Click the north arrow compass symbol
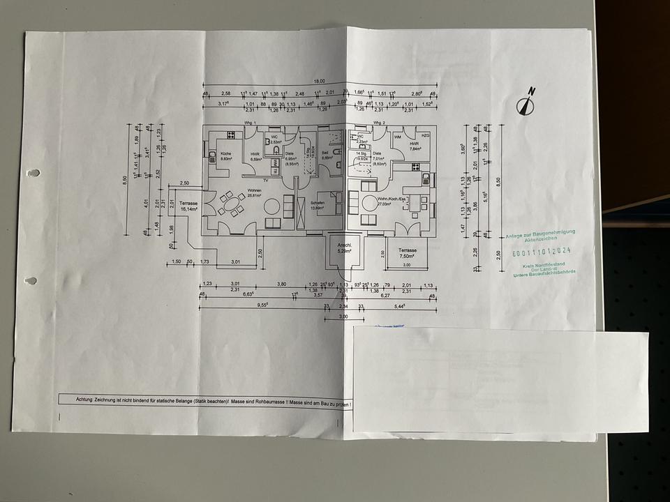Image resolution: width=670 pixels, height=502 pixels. click(x=526, y=102)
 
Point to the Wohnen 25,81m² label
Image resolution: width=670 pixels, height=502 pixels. click(x=254, y=192)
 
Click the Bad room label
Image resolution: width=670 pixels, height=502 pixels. click(x=325, y=155)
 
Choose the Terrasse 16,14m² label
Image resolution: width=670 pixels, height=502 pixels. click(x=188, y=206)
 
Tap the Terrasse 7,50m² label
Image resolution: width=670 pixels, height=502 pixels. click(x=407, y=252)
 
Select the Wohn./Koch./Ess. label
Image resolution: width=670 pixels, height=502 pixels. click(x=392, y=199)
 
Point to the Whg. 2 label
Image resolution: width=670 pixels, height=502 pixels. click(x=378, y=123)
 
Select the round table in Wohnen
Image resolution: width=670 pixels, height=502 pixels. click(x=270, y=206)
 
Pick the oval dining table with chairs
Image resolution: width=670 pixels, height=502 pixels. click(x=229, y=204)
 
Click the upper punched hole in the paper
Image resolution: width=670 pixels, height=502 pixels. click(x=33, y=173)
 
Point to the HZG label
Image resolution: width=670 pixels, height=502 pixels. click(x=426, y=135)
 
